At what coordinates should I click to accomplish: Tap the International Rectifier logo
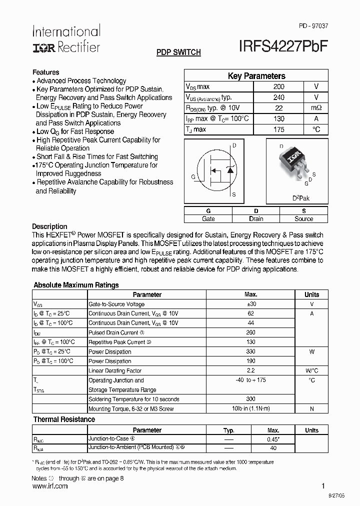(x=66, y=39)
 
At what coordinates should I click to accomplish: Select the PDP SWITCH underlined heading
(x=178, y=52)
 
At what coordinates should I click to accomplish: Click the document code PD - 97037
(x=314, y=25)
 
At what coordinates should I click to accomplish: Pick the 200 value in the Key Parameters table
(x=279, y=86)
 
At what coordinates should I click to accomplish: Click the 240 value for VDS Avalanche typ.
(x=279, y=97)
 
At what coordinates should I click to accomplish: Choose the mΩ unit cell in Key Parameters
(x=316, y=108)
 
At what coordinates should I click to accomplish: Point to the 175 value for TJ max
(x=279, y=129)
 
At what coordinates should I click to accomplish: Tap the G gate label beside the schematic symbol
(x=193, y=177)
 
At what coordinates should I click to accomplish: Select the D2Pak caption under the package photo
(x=301, y=198)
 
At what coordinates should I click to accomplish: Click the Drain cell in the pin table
(x=256, y=218)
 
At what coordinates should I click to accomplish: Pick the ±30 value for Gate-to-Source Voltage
(x=251, y=304)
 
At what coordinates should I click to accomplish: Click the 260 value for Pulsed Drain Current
(x=251, y=332)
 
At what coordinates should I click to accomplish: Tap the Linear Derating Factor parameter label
(x=115, y=371)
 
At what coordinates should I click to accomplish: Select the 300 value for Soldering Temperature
(x=251, y=399)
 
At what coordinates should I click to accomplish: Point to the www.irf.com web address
(x=49, y=486)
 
